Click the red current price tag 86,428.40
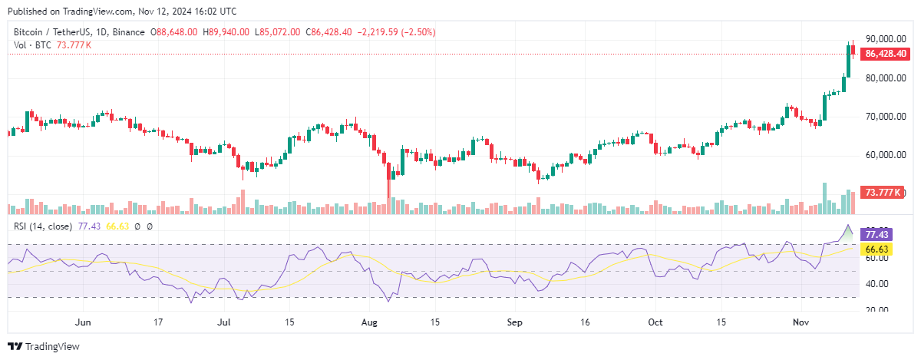887,54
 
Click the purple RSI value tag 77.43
876,233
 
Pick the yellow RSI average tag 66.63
876,249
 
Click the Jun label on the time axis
84,322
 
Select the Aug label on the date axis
369,322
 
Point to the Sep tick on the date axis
513,322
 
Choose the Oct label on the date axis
655,322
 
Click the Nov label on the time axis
801,322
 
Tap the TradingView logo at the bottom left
44,347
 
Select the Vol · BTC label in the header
31,45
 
